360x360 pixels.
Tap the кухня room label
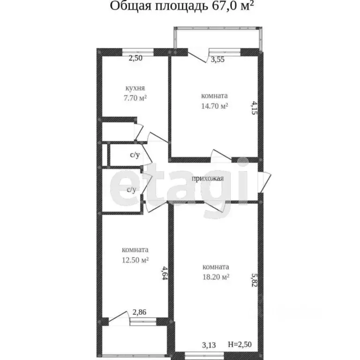click(135, 88)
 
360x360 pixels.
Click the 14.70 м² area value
click(214, 106)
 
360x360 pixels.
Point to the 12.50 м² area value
click(135, 259)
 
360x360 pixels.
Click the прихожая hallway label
click(208, 178)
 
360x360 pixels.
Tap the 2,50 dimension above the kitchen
click(136, 59)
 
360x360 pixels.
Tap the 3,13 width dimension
click(209, 345)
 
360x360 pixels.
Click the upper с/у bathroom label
click(135, 155)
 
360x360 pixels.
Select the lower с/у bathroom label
click(132, 189)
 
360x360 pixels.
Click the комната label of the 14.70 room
click(214, 96)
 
